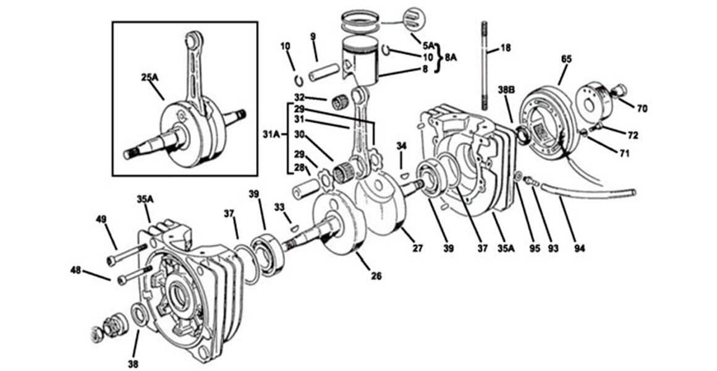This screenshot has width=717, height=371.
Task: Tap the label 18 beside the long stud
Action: (506, 48)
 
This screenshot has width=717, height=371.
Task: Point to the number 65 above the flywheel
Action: (566, 59)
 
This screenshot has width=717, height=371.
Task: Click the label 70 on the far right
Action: (642, 108)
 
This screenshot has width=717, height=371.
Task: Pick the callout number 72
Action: (632, 134)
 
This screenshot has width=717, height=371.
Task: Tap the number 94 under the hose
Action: (579, 249)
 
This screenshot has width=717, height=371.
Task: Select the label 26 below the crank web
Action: (376, 276)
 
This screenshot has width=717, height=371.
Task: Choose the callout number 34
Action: (402, 146)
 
